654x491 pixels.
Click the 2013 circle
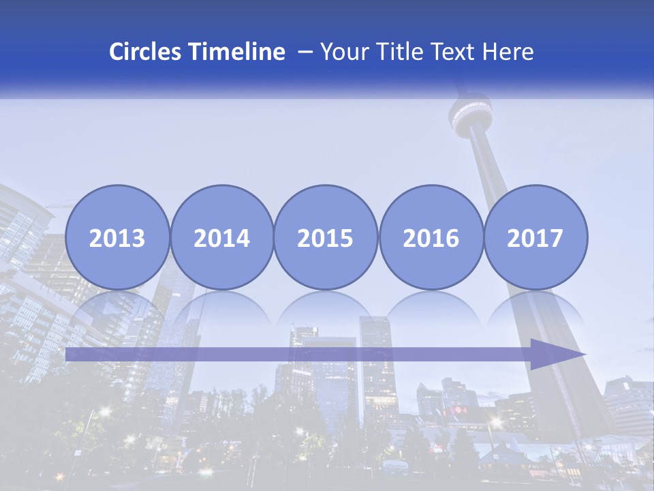tap(117, 237)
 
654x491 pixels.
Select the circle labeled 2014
tap(221, 237)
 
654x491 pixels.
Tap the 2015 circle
tap(326, 237)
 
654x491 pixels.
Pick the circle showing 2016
tap(431, 237)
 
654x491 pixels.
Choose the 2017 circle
tap(535, 237)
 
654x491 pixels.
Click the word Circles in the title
tap(146, 52)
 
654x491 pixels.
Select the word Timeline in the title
tap(237, 52)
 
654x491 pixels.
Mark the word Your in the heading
tap(344, 52)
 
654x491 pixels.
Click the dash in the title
tap(305, 52)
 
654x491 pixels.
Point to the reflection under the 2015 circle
tap(326, 307)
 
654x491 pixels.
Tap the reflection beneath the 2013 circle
tap(117, 307)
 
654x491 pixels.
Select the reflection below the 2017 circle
tap(535, 307)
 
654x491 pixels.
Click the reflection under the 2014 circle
tap(221, 307)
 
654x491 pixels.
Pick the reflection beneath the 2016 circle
tap(431, 307)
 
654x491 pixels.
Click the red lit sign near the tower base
tap(458, 411)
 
